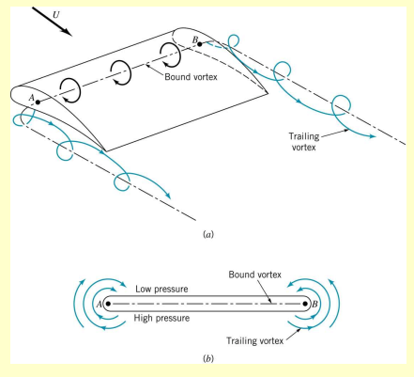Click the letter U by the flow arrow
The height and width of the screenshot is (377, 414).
(56, 15)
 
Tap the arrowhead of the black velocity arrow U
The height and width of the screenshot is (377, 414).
(68, 32)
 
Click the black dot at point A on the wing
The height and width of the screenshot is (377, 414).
(38, 102)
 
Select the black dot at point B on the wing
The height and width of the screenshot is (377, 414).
(200, 44)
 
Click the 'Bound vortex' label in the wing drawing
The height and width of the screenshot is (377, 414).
(191, 77)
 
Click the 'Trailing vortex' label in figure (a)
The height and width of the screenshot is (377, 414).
(303, 142)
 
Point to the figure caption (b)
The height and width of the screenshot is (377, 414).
(208, 358)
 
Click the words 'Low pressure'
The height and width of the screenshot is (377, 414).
(161, 289)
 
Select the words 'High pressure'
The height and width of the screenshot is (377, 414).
(161, 318)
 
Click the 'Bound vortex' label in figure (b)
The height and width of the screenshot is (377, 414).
(255, 275)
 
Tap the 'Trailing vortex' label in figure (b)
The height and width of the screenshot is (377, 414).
(255, 340)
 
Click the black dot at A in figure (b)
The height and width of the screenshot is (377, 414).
(108, 304)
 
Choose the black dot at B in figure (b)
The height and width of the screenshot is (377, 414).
(305, 304)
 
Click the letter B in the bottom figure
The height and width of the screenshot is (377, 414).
(314, 304)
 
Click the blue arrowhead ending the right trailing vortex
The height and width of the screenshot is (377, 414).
(372, 136)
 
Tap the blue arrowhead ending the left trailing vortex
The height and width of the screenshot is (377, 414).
(168, 196)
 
